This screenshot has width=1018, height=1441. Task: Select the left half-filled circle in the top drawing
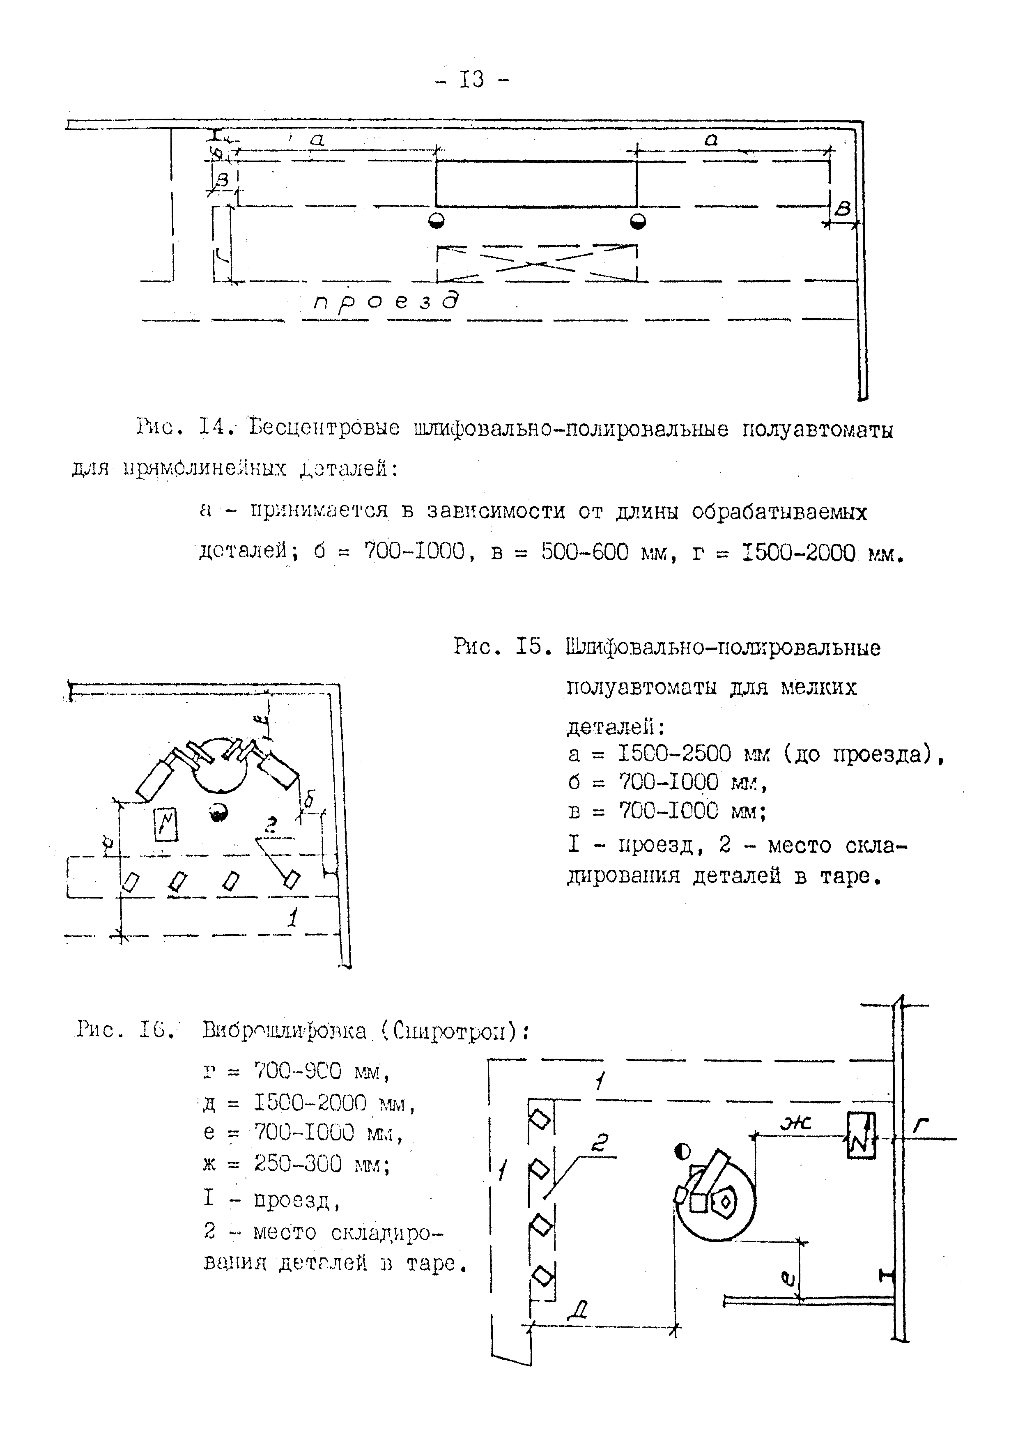pos(436,221)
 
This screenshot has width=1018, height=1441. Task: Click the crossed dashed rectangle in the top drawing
pos(537,263)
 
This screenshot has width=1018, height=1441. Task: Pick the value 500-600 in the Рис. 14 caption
pos(584,552)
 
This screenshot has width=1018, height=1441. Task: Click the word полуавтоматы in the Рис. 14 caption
pos(818,430)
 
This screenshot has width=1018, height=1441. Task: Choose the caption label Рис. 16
pos(124,1030)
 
